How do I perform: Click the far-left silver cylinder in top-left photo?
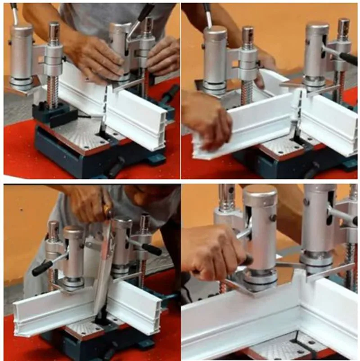[x=21, y=54]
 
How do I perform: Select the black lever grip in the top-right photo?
[x=348, y=58]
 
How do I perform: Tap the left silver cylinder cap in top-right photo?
[x=215, y=34]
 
